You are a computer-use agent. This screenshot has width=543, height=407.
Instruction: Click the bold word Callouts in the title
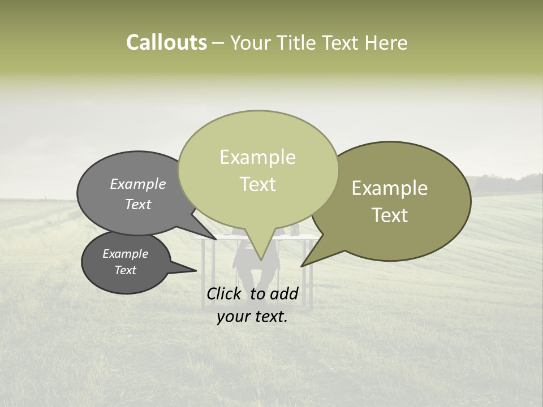[x=167, y=42]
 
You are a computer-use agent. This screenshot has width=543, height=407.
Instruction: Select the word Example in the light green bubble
[x=257, y=157]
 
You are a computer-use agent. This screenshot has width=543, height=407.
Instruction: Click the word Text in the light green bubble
[x=257, y=184]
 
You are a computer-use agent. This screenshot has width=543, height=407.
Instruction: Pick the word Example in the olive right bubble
[x=390, y=188]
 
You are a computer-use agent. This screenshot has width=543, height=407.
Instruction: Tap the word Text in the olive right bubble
[x=390, y=215]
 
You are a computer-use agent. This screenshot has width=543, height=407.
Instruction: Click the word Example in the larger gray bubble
[x=138, y=184]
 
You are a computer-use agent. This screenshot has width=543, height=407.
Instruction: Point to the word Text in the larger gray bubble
[x=138, y=205]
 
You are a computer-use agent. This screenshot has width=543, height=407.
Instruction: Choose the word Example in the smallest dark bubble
[x=126, y=254]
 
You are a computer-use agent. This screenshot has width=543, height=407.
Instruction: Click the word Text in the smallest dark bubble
[x=126, y=270]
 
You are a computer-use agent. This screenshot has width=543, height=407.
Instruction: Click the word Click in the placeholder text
[x=225, y=293]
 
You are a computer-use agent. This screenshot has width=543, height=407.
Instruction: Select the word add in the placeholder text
[x=284, y=293]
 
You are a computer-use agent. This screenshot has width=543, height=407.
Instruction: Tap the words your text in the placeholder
[x=252, y=317]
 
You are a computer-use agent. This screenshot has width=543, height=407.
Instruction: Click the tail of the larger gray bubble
[x=214, y=237]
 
